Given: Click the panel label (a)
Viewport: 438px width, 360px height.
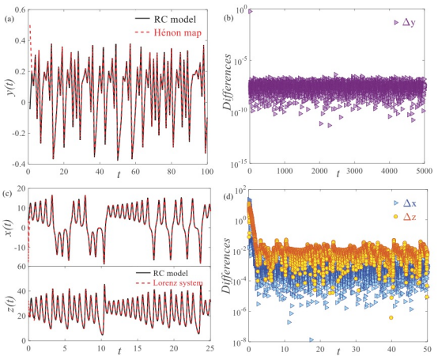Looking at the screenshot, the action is point(9,19).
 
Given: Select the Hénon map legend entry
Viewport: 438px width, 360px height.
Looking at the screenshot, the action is point(168,32).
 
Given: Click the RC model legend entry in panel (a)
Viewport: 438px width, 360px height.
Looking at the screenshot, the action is point(165,19).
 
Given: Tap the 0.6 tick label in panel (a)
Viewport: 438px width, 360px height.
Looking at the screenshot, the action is point(20,10).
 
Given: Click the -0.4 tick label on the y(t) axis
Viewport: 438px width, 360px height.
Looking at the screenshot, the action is point(18,164).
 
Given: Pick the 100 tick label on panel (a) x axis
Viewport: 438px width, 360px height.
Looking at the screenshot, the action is point(206,172).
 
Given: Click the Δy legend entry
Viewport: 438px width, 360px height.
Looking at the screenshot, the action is point(405,22).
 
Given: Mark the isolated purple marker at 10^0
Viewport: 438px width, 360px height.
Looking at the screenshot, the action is point(251,11).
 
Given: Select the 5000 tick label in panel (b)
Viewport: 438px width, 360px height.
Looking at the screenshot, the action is point(424,171).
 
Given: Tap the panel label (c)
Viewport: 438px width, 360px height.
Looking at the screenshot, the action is point(9,193).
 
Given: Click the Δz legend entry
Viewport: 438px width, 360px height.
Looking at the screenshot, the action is point(405,216).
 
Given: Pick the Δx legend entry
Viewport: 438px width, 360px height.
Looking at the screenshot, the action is point(405,203).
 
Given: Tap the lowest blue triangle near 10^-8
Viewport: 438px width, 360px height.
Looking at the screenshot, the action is point(312,339).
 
